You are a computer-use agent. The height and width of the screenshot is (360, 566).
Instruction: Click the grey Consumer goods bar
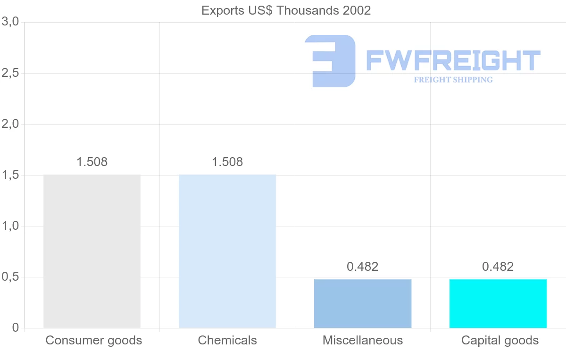tap(92, 251)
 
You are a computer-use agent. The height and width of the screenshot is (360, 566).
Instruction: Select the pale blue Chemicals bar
tap(227, 251)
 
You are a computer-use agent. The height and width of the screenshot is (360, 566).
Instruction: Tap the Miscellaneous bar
tap(363, 303)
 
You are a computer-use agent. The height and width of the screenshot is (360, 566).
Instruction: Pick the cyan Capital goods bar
tap(498, 303)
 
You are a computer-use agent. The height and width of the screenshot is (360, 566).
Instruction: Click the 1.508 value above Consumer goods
tap(92, 162)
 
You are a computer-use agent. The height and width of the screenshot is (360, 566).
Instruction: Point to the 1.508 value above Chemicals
tap(227, 162)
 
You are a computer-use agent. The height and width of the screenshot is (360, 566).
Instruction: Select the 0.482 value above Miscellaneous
tap(363, 267)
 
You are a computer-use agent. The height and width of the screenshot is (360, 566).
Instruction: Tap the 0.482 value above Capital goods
tap(498, 267)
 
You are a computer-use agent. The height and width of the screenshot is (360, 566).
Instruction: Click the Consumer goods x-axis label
tap(93, 340)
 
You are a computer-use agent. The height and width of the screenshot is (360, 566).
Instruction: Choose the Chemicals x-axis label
tap(227, 340)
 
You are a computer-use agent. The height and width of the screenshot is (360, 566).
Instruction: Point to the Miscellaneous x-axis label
tap(363, 340)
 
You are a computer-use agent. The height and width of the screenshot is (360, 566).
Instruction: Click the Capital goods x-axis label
tap(500, 340)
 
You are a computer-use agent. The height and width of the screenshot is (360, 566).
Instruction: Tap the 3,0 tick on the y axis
tap(10, 22)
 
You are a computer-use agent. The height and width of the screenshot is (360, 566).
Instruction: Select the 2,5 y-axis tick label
tap(10, 73)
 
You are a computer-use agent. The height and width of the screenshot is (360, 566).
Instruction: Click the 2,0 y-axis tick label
tap(10, 124)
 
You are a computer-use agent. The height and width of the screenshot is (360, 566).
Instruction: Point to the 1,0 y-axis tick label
tap(10, 226)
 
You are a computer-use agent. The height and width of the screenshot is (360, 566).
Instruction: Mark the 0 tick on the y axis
tap(15, 328)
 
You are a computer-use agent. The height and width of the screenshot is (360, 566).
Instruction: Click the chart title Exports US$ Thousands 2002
tap(286, 10)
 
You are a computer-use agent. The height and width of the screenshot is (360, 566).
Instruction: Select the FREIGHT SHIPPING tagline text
tap(453, 80)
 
